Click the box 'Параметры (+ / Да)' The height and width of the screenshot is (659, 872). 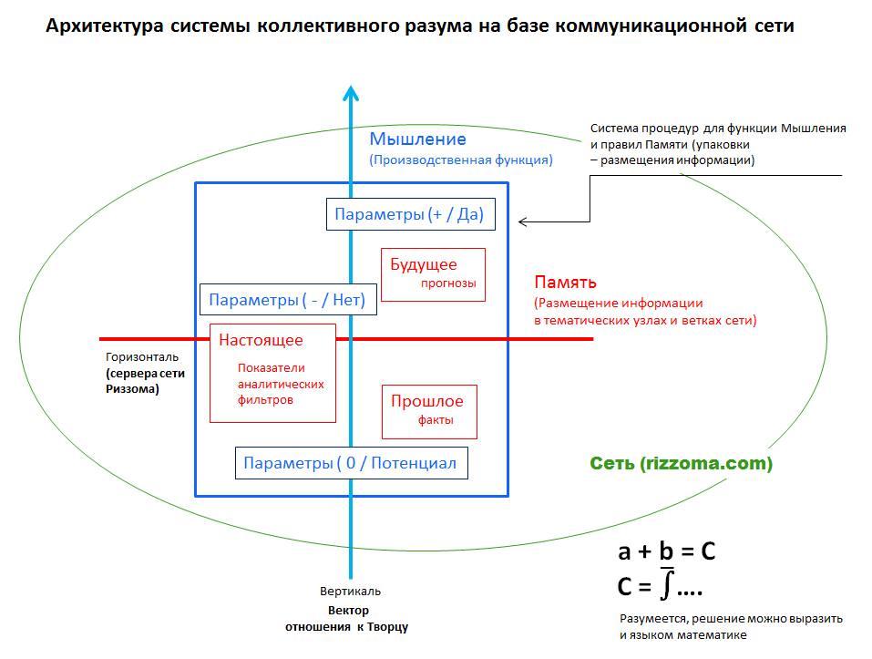point(409,215)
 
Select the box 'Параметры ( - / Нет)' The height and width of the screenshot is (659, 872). point(287,300)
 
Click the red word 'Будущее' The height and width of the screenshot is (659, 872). point(423,264)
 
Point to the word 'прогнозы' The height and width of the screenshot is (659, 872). point(448,283)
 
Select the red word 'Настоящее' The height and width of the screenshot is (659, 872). point(261,340)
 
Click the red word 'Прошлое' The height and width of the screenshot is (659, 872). point(426,401)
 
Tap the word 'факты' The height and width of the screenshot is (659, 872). point(436,420)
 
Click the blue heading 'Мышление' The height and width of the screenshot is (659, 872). point(417,139)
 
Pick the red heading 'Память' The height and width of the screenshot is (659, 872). point(565,283)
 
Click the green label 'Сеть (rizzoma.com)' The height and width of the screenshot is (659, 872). point(681,464)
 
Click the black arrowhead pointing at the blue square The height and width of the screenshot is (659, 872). point(523,221)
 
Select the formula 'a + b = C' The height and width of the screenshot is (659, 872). point(666,551)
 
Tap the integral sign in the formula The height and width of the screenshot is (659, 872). point(667,582)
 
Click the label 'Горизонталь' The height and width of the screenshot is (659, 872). point(141,357)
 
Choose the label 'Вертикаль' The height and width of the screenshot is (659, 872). point(350,592)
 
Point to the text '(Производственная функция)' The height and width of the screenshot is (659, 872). point(460,160)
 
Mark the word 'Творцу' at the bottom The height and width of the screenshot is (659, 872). point(388,627)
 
